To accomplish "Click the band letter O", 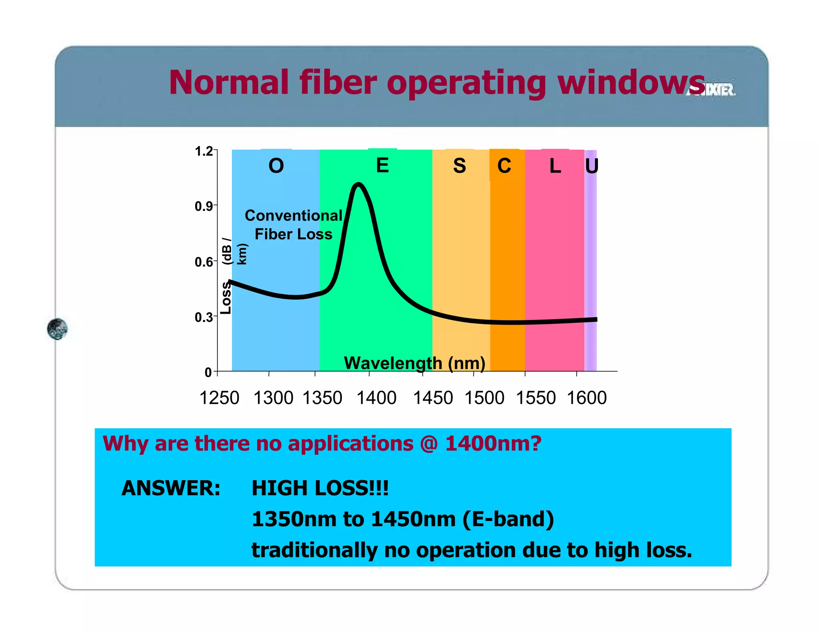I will (x=276, y=166).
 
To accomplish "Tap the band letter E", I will (x=382, y=165).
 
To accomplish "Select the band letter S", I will (x=459, y=166).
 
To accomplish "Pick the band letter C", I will (x=504, y=166).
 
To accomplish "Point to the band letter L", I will (x=555, y=166).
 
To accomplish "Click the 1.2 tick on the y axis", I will (x=204, y=151).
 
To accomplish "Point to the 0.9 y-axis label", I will (x=204, y=207).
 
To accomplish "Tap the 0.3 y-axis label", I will (x=204, y=318).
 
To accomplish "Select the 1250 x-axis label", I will (x=219, y=398).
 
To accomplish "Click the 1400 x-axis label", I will (x=376, y=398).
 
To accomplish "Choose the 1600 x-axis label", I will (x=587, y=398).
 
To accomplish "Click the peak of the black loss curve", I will (x=358, y=184).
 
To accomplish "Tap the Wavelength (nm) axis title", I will (x=414, y=363).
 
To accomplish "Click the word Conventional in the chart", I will (x=294, y=216).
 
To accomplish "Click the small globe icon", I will (x=57, y=329).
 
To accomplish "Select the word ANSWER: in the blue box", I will (x=171, y=488).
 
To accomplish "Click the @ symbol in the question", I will (x=429, y=444).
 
